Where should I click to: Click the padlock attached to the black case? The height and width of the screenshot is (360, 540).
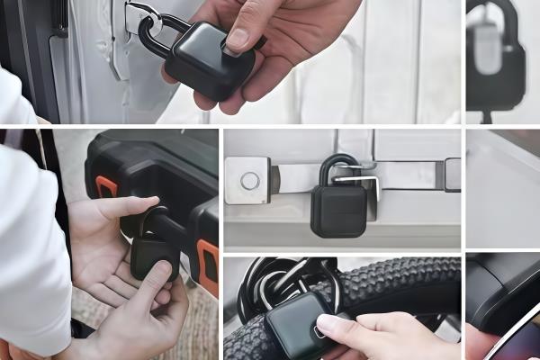coord(153,254)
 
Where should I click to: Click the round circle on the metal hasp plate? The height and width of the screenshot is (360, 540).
coord(249,180)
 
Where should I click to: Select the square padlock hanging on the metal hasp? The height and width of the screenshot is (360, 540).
coord(338,210)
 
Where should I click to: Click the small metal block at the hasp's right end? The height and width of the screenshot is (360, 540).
coord(452,175)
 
